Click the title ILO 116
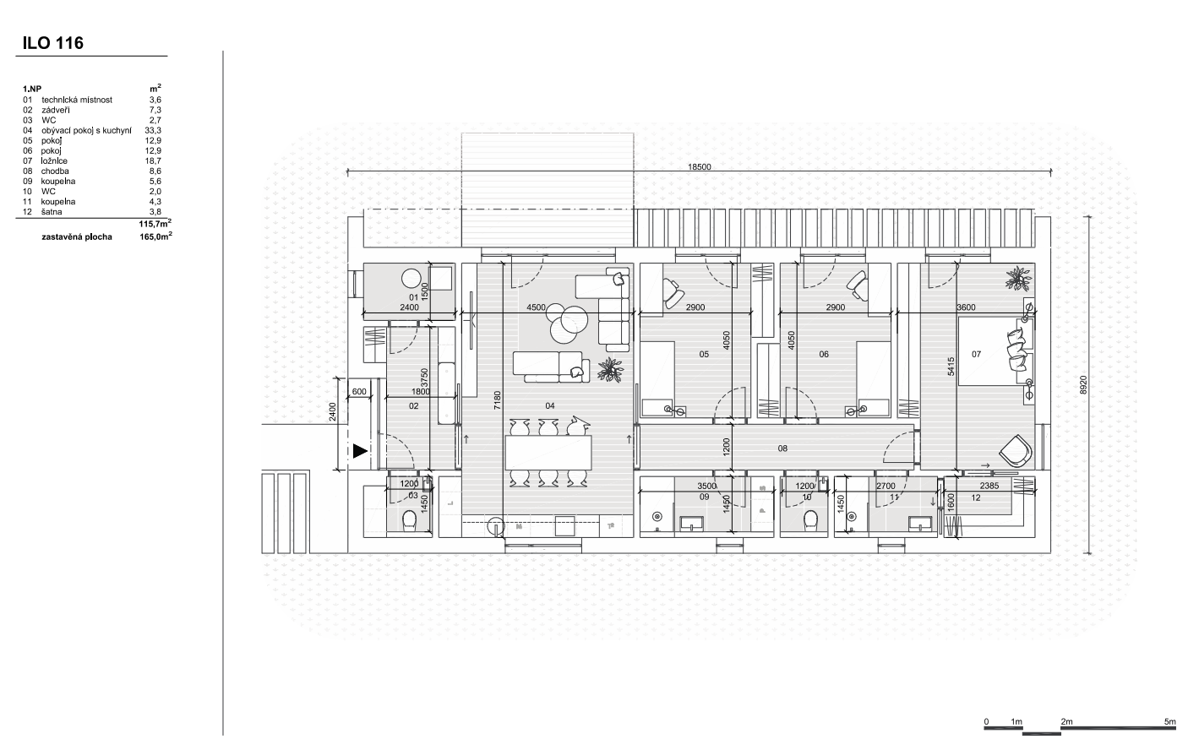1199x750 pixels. click(53, 43)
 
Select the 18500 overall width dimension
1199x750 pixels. click(699, 167)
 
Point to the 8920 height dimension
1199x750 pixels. click(1083, 385)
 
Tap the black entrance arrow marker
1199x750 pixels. click(360, 451)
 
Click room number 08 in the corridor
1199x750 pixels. click(782, 448)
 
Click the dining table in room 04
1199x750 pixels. click(548, 452)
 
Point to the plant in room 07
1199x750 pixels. click(1018, 279)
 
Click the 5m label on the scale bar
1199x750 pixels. click(1169, 721)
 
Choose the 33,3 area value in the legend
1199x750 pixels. click(153, 131)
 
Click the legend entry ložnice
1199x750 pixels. click(54, 161)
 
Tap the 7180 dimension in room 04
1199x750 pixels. click(498, 400)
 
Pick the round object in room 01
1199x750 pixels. click(411, 278)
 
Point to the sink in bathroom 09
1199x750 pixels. click(691, 523)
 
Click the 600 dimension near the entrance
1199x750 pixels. click(359, 392)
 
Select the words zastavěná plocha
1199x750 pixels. click(77, 237)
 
